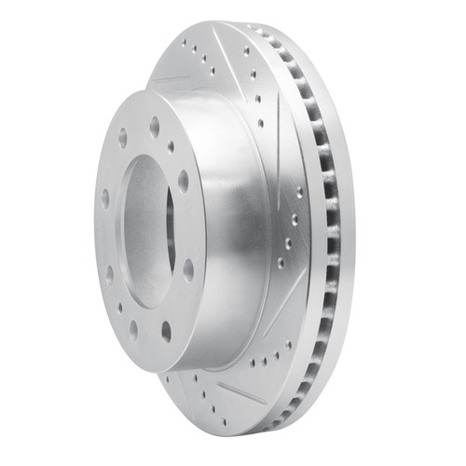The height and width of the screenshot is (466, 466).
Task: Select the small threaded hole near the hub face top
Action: click(171, 146)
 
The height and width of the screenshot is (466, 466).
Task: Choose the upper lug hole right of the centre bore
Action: click(183, 179)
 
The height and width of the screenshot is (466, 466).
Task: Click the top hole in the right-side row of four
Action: click(299, 192)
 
